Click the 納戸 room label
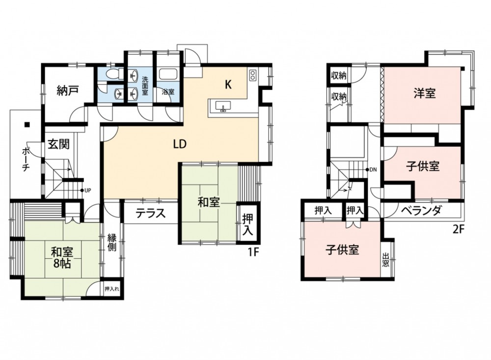68,91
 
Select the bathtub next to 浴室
168,74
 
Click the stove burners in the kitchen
252,75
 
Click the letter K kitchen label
228,84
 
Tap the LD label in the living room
180,144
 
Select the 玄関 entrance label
58,144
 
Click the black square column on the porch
27,124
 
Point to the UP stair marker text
87,190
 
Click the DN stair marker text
373,170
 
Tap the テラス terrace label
151,214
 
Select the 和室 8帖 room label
62,257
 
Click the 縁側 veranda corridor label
112,242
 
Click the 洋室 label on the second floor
424,93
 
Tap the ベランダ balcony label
421,210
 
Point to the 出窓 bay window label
385,260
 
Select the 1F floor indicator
254,252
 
